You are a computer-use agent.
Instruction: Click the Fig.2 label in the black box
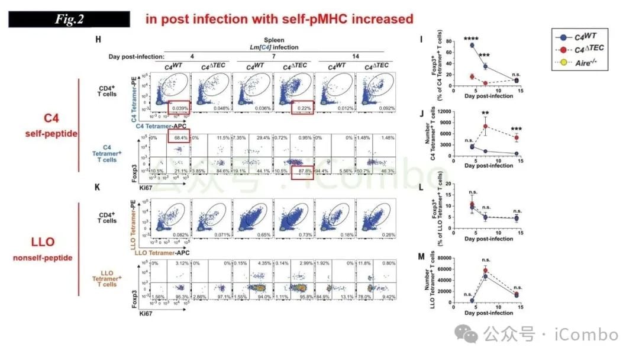click(x=69, y=19)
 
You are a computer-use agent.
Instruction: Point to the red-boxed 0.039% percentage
click(x=178, y=108)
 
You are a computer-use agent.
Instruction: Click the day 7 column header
click(x=273, y=56)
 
